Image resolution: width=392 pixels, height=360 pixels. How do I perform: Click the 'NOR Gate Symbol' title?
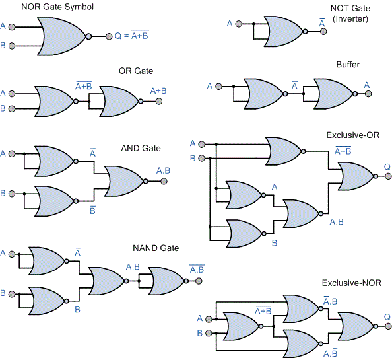(x=57, y=7)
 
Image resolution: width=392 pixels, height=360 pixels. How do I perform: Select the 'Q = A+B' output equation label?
(x=132, y=35)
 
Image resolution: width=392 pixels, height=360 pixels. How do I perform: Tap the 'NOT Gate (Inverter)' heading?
(x=350, y=13)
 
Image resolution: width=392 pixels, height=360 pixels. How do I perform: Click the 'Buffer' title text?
(x=348, y=65)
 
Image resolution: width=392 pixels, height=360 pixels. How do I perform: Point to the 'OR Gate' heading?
(x=136, y=71)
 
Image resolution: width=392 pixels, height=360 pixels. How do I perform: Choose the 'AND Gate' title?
(x=141, y=148)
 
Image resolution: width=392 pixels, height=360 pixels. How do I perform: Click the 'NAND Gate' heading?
(x=156, y=248)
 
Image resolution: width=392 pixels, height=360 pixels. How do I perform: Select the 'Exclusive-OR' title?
(x=353, y=135)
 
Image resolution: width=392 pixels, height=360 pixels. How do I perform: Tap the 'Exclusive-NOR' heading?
(x=352, y=283)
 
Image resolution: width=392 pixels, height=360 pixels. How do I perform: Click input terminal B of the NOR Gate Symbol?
(x=12, y=46)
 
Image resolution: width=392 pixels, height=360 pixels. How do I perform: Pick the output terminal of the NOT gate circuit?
(x=323, y=32)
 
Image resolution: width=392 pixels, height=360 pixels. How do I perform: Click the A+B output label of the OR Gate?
(x=158, y=90)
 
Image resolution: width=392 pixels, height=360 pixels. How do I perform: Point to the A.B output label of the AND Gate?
(x=163, y=170)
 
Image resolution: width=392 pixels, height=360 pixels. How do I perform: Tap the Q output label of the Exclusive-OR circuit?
(x=387, y=166)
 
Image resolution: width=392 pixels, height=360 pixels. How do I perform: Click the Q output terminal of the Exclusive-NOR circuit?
(x=388, y=326)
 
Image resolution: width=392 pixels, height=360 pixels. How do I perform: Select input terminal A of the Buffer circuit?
(x=218, y=87)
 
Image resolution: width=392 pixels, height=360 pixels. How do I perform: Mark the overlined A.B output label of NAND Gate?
(x=197, y=269)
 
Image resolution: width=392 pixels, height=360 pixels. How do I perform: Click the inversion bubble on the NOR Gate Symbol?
(x=88, y=36)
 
